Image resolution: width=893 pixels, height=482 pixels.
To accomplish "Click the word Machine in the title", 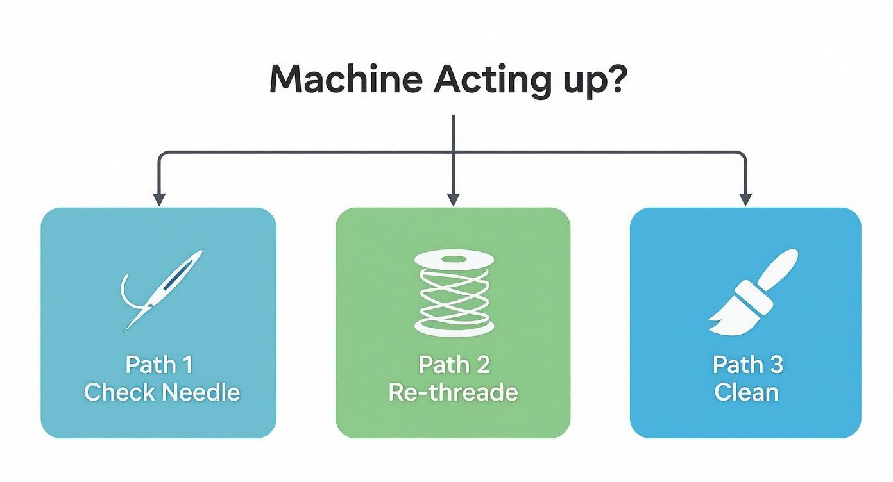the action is (346, 79).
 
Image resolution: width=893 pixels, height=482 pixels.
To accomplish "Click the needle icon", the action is (162, 290).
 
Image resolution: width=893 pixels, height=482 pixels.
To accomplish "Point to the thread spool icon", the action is (454, 292).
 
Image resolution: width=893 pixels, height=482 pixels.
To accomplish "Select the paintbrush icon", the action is (753, 292).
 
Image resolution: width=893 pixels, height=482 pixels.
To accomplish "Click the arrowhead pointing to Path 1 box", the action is (159, 199).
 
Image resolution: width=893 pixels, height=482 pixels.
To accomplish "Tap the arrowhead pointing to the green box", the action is (454, 199).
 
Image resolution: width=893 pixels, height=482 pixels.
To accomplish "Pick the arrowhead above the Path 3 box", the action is (745, 199).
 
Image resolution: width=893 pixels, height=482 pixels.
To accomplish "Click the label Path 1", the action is (159, 365).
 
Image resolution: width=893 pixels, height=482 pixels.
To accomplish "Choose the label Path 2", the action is (454, 365).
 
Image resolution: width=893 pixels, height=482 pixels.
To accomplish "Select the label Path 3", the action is (748, 365).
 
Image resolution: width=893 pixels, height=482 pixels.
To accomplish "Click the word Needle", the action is (201, 392).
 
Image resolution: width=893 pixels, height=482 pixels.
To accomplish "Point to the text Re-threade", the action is (453, 392).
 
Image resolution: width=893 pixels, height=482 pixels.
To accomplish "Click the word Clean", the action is (746, 392).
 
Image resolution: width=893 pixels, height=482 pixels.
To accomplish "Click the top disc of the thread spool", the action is (454, 260).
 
